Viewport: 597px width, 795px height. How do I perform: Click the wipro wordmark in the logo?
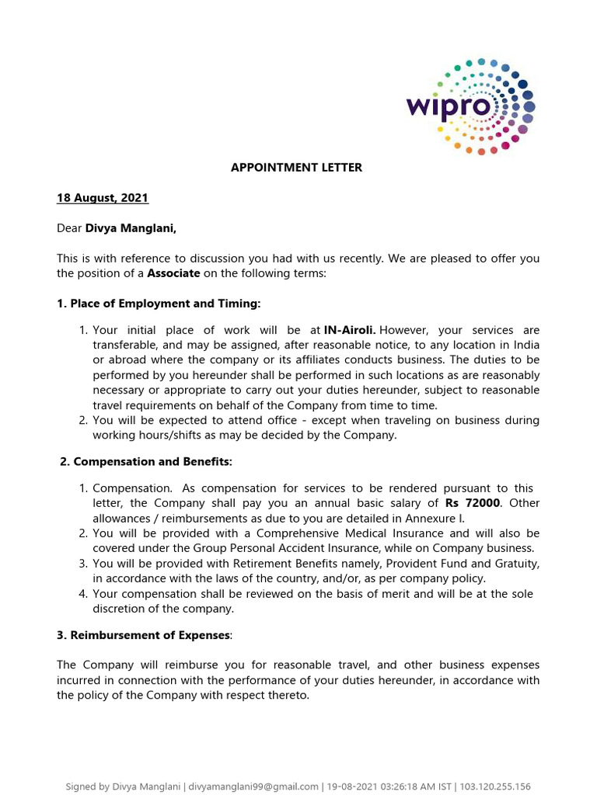click(x=449, y=106)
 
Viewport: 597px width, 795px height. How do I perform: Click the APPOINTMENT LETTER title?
click(x=296, y=167)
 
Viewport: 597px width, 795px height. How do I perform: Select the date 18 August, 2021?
click(x=103, y=198)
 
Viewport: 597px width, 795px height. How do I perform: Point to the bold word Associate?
click(x=173, y=273)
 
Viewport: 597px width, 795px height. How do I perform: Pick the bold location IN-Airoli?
click(x=351, y=330)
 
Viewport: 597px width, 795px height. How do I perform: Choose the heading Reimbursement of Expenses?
click(x=144, y=635)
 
